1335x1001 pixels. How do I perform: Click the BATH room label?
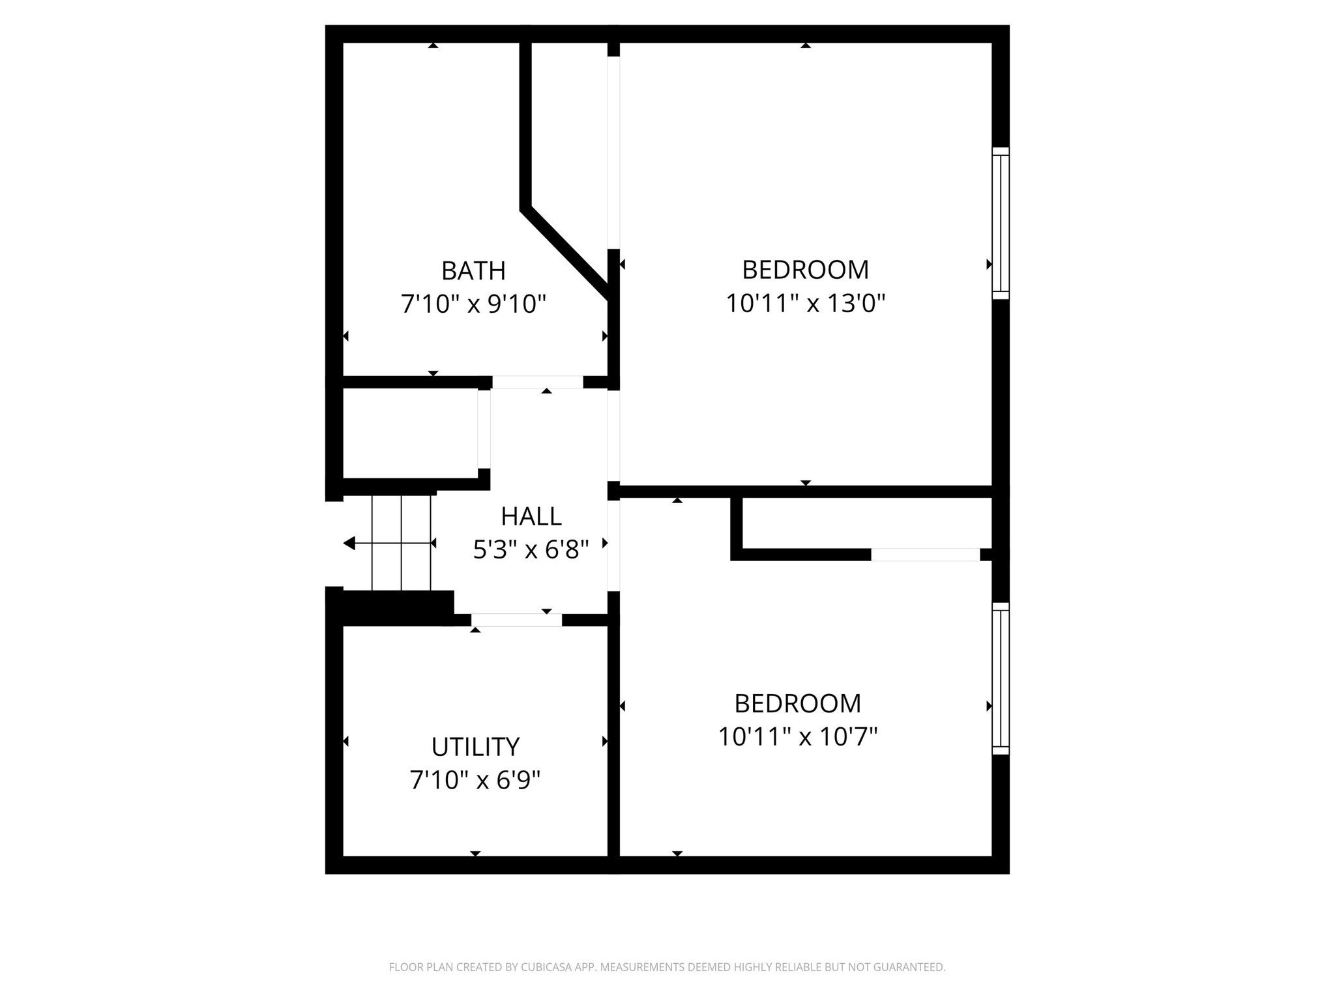click(473, 270)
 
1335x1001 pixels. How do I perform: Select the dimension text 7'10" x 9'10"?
click(473, 304)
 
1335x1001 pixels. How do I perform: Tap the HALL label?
click(531, 517)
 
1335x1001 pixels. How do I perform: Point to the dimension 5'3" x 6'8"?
click(531, 551)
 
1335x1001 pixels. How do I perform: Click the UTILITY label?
click(475, 747)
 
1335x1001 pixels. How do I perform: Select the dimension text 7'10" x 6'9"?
click(475, 780)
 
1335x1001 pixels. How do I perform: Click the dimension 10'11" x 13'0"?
click(805, 304)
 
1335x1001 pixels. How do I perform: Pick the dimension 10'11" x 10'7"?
click(797, 738)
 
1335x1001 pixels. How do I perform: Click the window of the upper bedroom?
click(1001, 223)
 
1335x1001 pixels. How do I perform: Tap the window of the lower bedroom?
click(1001, 678)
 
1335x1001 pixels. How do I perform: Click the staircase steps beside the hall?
click(402, 542)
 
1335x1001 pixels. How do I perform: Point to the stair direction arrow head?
click(349, 543)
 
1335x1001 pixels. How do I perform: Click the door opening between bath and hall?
click(537, 383)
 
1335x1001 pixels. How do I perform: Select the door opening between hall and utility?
click(516, 620)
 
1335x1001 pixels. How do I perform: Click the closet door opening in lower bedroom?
click(925, 555)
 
